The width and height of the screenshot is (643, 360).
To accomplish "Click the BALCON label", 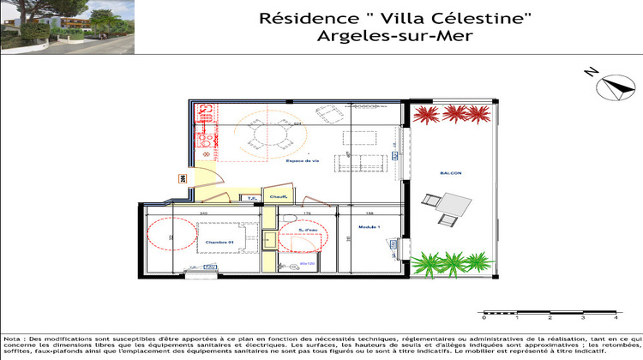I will coord(452,173).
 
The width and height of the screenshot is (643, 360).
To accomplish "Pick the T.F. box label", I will coord(253,199).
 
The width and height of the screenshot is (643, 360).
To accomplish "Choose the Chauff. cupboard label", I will coord(278,199).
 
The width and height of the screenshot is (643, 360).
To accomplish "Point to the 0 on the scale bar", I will coord(484,318).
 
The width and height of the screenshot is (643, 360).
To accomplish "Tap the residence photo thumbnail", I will coord(67,27).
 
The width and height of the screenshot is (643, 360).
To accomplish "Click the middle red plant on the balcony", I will coord(451,114).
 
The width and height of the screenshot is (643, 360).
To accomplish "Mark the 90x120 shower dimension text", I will coord(308,264).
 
